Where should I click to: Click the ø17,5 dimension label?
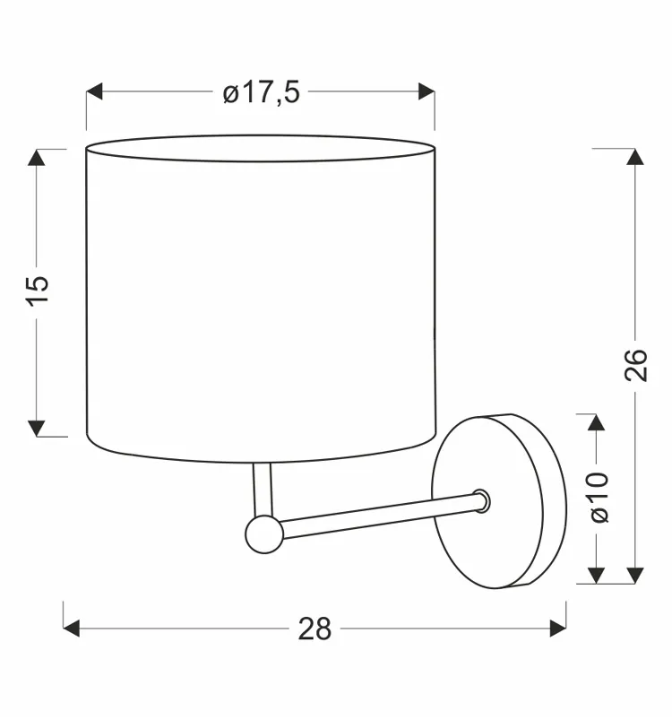point(261,92)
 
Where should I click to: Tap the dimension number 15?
point(37,291)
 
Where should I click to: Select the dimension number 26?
point(635,365)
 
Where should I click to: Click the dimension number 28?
point(314,629)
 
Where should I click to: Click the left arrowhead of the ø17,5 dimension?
point(94,91)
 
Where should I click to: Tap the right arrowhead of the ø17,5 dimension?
point(426,91)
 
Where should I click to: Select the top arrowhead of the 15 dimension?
point(37,158)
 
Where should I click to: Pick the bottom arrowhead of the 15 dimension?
point(37,429)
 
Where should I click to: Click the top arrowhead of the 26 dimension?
point(635,157)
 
